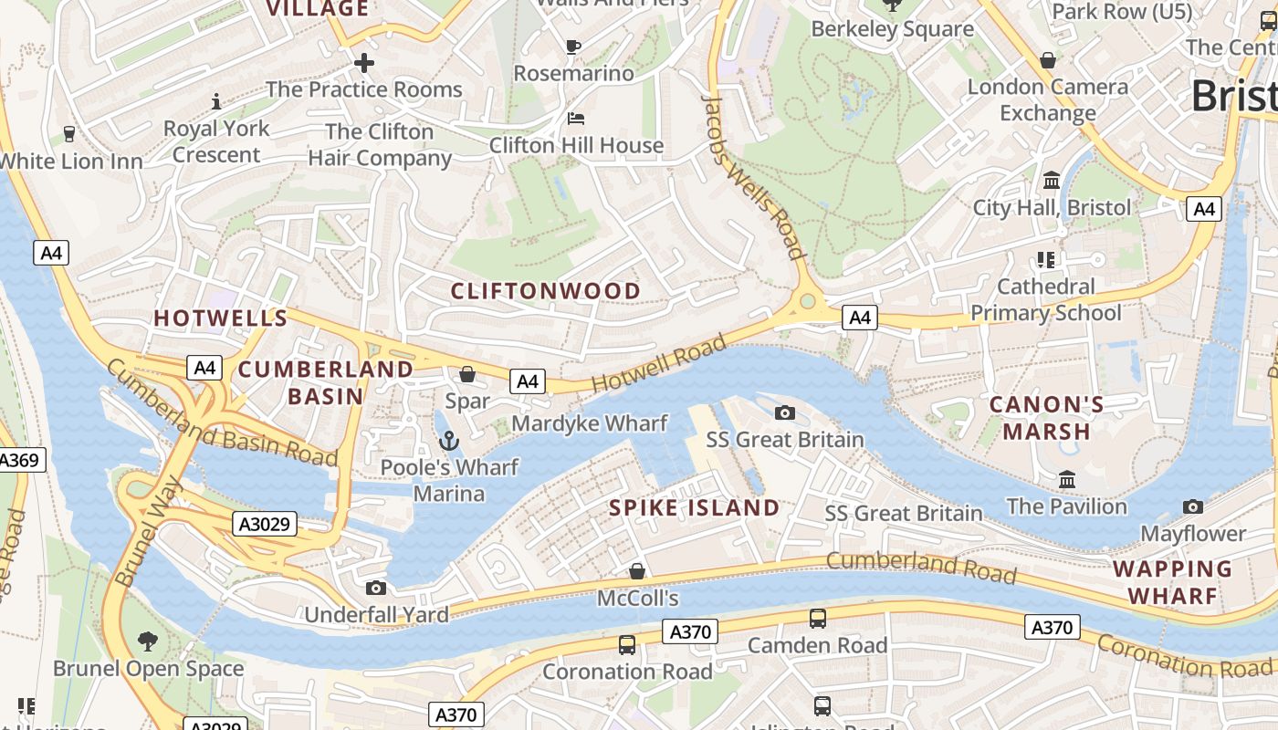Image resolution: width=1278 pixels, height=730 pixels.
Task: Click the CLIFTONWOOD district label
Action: pyautogui.click(x=546, y=291)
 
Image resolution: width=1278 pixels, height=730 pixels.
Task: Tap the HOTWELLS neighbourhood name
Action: pyautogui.click(x=221, y=318)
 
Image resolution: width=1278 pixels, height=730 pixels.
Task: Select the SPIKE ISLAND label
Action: pyautogui.click(x=695, y=508)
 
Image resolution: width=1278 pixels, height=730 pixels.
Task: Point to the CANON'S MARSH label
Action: pyautogui.click(x=1046, y=418)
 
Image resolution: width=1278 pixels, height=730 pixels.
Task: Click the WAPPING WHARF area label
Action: pyautogui.click(x=1172, y=582)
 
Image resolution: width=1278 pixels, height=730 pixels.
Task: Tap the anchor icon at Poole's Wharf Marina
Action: pyautogui.click(x=448, y=442)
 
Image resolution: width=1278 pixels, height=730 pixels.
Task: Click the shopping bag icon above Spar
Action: pyautogui.click(x=467, y=374)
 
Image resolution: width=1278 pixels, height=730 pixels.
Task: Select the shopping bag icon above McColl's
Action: pyautogui.click(x=637, y=572)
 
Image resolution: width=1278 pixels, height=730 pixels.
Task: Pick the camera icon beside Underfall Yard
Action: pyautogui.click(x=376, y=589)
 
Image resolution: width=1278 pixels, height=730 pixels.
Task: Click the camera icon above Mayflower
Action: pyautogui.click(x=1192, y=507)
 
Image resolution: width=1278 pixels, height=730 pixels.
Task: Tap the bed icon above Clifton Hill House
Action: pyautogui.click(x=576, y=119)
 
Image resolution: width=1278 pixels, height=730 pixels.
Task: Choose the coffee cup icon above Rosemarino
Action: pyautogui.click(x=573, y=47)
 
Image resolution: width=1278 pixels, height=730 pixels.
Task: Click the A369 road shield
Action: pyautogui.click(x=19, y=460)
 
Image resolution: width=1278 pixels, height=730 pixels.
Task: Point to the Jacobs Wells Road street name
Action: pyautogui.click(x=755, y=178)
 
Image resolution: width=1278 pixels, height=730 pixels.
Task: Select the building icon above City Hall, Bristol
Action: pyautogui.click(x=1052, y=181)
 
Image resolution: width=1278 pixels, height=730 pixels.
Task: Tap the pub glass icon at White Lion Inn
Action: pyautogui.click(x=69, y=135)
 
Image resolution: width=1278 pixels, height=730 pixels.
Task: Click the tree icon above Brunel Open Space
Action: pyautogui.click(x=148, y=641)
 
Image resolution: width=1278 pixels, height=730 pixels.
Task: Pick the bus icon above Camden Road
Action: pyautogui.click(x=818, y=619)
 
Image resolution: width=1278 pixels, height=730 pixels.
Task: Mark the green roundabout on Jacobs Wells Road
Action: pyautogui.click(x=807, y=301)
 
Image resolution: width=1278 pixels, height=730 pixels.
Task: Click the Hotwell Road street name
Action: pyautogui.click(x=659, y=363)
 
